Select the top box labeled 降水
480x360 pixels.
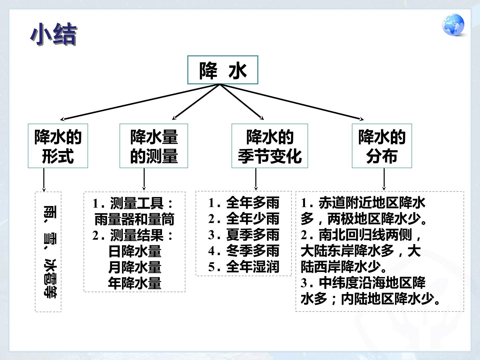click(223, 70)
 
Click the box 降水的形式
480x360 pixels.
click(58, 146)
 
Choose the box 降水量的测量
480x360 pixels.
click(154, 146)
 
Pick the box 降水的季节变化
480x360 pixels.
click(270, 146)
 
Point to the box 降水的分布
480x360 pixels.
click(382, 146)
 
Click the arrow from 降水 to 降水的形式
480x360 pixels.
click(140, 102)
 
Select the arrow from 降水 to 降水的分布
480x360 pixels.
click(292, 102)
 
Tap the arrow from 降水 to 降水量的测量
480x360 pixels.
click(196, 102)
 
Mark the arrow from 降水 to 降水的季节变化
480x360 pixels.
click(242, 102)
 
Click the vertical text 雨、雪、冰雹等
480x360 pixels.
click(50, 252)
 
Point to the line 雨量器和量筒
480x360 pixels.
click(134, 219)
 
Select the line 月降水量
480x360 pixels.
click(135, 267)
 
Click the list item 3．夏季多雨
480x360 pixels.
click(244, 235)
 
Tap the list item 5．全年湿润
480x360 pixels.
click(244, 267)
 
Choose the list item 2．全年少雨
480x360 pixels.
click(244, 219)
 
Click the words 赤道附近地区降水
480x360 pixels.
click(372, 203)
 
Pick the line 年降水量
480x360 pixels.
click(135, 283)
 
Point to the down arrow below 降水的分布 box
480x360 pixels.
click(384, 179)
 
